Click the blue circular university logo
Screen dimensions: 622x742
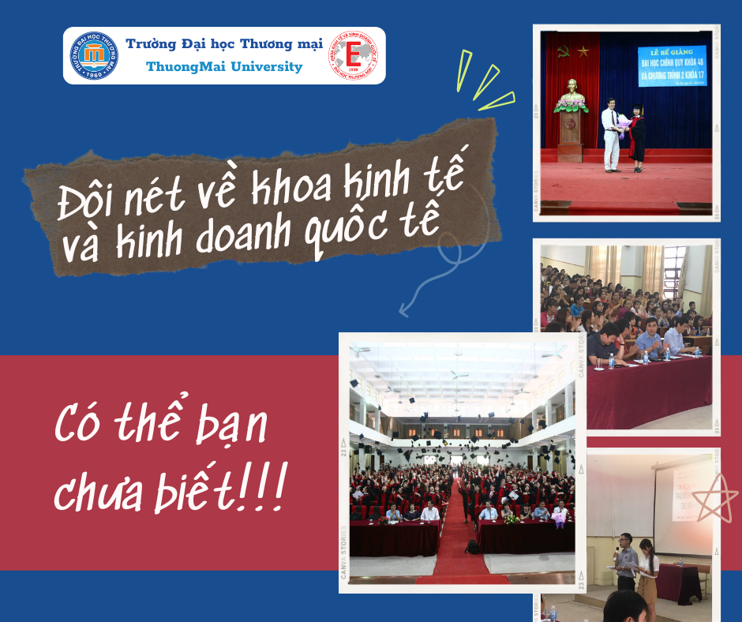click(95, 55)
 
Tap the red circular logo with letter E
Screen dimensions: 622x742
click(354, 56)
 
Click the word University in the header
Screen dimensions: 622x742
click(264, 67)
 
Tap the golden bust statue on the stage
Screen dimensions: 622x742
click(571, 92)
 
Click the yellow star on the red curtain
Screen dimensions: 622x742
click(583, 51)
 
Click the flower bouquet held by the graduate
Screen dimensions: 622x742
click(625, 122)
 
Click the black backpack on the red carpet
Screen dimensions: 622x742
click(472, 545)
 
